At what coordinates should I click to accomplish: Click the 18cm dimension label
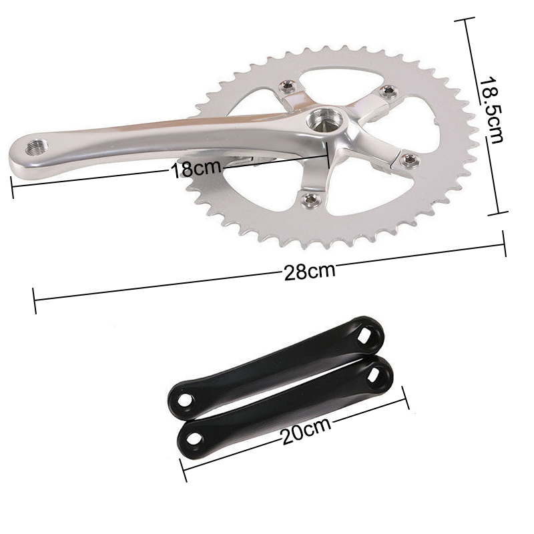(x=196, y=168)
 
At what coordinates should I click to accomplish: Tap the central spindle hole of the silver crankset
(x=323, y=121)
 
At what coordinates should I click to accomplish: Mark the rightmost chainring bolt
(x=409, y=159)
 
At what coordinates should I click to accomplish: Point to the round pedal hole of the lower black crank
(x=196, y=437)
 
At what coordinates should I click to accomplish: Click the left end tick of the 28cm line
(x=35, y=300)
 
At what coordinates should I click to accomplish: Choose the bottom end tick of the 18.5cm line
(x=498, y=214)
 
